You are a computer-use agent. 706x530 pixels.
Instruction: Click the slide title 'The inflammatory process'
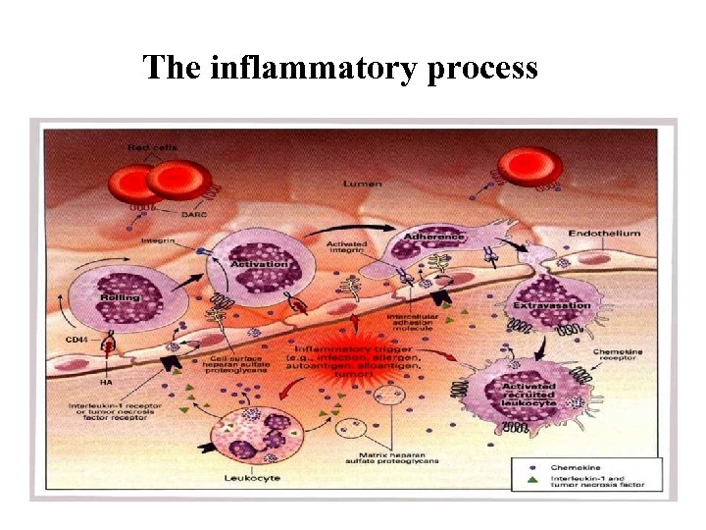point(340,68)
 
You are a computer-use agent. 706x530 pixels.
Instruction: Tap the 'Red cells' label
point(147,147)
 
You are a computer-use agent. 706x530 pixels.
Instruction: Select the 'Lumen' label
point(363,184)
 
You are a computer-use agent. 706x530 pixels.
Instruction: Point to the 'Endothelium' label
point(605,234)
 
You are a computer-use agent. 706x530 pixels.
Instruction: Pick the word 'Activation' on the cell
point(259,263)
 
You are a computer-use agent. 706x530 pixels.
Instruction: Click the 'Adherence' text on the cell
point(434,236)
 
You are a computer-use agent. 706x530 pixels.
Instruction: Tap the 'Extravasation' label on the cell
point(552,305)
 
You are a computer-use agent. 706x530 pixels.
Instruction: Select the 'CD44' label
point(77,339)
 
